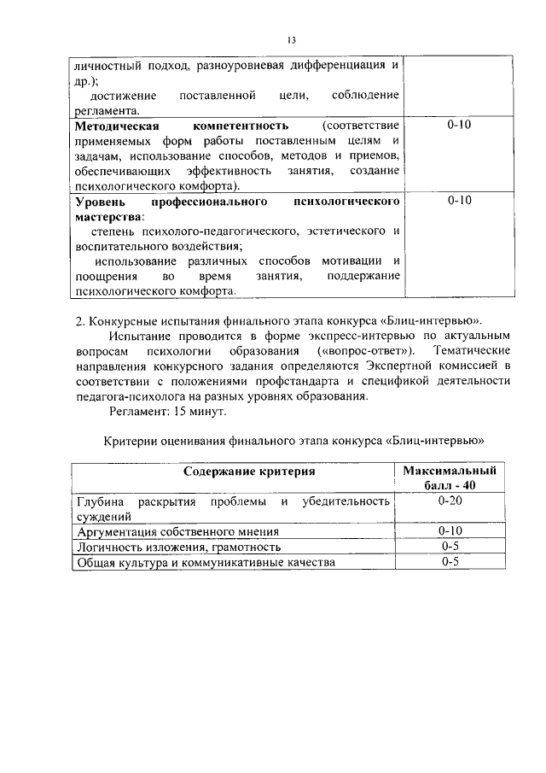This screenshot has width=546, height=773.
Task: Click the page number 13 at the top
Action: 291,41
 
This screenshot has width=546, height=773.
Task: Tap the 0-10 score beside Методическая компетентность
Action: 459,126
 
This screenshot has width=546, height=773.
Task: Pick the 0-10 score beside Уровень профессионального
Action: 459,202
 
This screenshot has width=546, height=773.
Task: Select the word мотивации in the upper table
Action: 351,261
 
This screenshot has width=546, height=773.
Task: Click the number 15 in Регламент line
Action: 182,411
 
